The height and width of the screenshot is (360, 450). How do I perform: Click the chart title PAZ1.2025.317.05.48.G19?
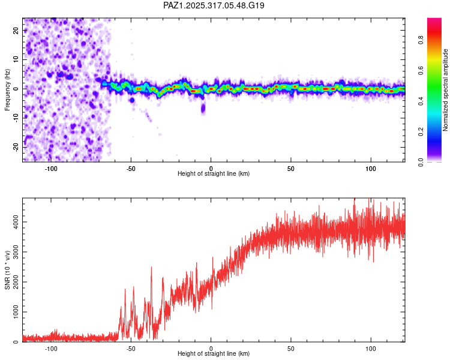(214, 6)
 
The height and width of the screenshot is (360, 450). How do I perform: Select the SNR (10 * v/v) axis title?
(7, 270)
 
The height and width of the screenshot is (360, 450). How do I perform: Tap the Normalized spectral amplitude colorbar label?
(446, 90)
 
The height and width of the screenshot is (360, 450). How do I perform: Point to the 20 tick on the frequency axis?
(16, 31)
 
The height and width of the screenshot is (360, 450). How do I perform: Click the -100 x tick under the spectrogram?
(51, 168)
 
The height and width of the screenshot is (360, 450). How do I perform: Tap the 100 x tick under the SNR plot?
(371, 349)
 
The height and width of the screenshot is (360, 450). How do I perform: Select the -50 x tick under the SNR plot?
(131, 349)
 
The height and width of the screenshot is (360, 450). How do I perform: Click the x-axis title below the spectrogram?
(214, 174)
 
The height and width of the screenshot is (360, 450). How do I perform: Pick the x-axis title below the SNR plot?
(214, 355)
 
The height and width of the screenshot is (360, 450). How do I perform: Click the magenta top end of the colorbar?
(434, 22)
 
